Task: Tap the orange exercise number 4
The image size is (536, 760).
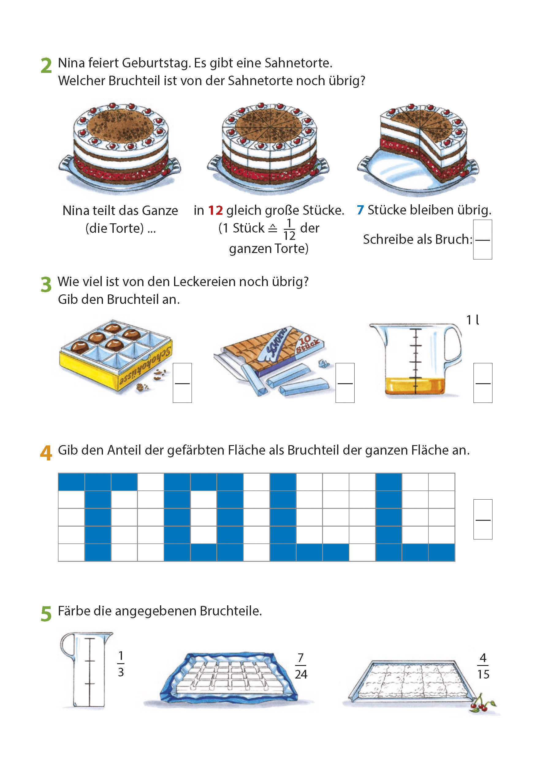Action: click(x=46, y=452)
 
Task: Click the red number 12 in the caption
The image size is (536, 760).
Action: click(x=215, y=210)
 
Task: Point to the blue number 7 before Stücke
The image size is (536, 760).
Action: click(x=360, y=210)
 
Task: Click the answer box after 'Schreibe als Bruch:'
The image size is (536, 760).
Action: click(x=482, y=239)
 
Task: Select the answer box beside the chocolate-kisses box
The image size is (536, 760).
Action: click(x=182, y=383)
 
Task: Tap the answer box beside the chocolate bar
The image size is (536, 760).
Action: click(x=345, y=383)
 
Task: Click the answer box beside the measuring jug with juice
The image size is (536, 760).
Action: click(x=483, y=383)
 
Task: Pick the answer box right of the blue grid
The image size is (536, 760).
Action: click(x=483, y=519)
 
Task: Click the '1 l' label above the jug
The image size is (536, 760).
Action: click(x=473, y=320)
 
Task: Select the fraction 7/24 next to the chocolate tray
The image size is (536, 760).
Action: click(x=301, y=666)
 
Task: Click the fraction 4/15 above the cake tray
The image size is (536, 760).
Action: click(x=483, y=666)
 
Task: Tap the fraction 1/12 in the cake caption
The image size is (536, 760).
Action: click(x=289, y=229)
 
